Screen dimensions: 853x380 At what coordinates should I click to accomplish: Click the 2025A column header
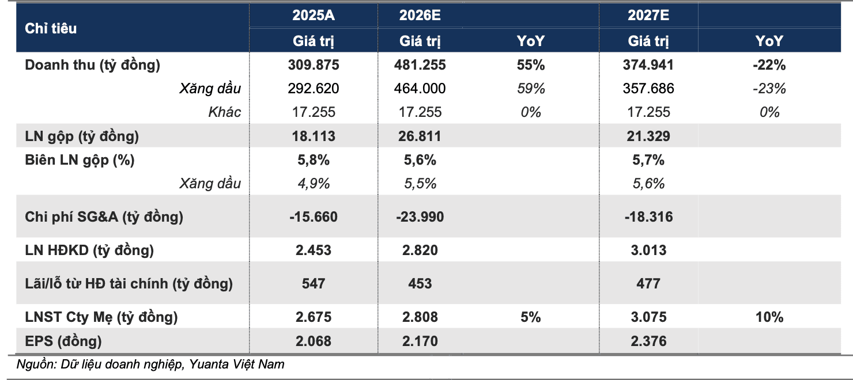[314, 15]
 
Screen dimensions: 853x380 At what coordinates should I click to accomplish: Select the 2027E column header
[648, 15]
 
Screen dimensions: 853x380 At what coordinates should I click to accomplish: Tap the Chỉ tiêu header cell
[51, 29]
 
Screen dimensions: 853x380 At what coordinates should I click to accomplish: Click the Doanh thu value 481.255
[420, 65]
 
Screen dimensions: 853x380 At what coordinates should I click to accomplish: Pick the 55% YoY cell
[530, 65]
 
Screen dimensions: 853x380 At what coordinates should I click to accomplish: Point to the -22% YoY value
[769, 65]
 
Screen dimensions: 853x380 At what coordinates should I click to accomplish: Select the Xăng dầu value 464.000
[420, 89]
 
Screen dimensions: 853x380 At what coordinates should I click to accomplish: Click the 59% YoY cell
[530, 89]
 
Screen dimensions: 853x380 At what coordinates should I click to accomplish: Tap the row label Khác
[224, 112]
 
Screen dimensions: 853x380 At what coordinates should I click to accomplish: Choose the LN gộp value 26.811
[420, 136]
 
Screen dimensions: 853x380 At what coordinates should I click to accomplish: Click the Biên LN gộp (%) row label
[80, 160]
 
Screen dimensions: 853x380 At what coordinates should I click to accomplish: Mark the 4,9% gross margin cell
[314, 184]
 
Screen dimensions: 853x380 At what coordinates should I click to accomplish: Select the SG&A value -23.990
[420, 217]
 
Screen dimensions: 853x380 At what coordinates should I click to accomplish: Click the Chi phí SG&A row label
[104, 217]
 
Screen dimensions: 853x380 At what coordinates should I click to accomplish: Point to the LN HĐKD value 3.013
[648, 250]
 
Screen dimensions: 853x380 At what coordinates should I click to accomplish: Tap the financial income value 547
[314, 284]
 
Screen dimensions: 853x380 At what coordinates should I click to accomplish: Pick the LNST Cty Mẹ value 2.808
[420, 317]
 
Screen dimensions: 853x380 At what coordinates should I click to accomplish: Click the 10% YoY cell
[769, 317]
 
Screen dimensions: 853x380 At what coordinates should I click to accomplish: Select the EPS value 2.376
[648, 341]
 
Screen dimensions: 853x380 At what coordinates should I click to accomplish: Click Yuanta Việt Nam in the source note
[236, 364]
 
